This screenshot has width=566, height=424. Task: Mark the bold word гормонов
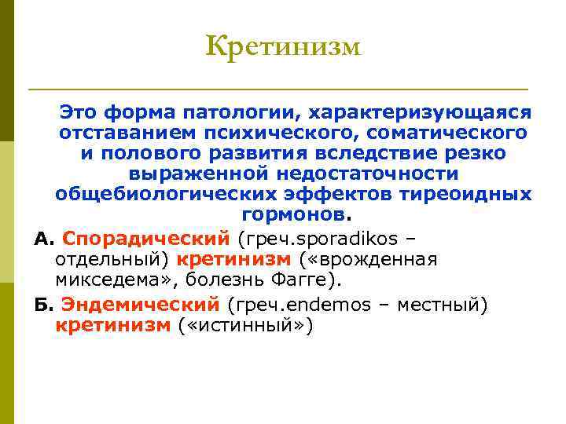point(292,214)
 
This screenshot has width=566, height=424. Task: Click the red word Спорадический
point(145,237)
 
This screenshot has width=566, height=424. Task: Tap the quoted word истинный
point(244,325)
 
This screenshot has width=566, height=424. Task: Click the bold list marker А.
point(42,237)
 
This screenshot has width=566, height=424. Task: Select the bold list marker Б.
point(42,303)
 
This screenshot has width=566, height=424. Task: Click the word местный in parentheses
point(443,303)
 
